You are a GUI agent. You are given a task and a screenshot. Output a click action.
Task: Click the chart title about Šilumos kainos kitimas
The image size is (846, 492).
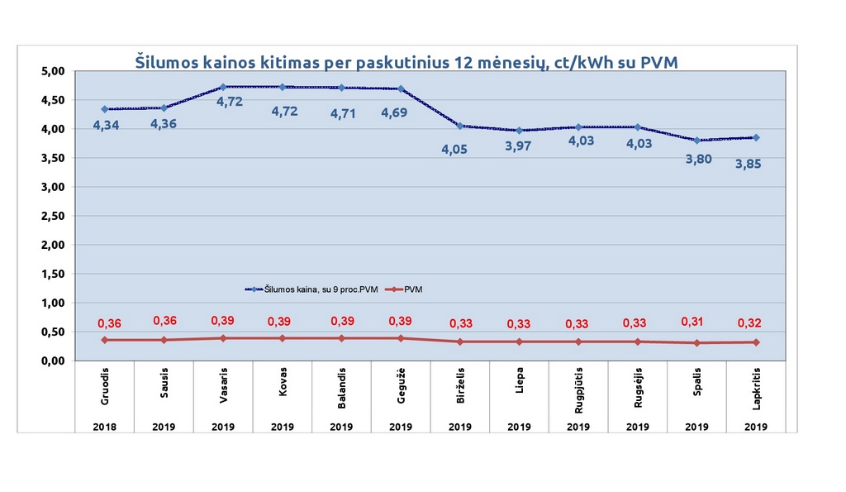(406, 62)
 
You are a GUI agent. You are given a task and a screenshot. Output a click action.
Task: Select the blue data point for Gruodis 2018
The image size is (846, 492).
(104, 109)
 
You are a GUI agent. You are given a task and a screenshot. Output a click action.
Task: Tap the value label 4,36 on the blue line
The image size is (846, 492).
(164, 124)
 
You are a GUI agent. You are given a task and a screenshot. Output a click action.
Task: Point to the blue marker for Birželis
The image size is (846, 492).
(460, 126)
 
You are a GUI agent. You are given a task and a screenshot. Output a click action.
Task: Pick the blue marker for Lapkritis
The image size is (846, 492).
(755, 137)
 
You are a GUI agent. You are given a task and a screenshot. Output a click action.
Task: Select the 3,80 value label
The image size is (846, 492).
(696, 157)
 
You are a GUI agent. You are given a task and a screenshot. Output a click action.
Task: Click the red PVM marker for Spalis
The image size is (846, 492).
(696, 343)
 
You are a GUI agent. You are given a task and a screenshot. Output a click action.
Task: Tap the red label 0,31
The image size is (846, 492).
(696, 322)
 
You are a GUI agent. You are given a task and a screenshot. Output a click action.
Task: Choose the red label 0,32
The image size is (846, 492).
(755, 323)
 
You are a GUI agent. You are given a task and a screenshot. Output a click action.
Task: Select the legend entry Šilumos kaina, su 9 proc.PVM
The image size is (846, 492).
(318, 289)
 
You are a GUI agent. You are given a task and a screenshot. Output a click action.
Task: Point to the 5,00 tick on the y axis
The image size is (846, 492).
(53, 71)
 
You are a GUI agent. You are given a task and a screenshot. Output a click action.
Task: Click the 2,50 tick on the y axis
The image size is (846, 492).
(53, 216)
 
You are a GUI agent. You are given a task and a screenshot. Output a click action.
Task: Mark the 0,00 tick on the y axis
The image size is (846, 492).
(53, 361)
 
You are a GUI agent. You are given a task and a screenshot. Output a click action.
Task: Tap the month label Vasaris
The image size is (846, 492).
(224, 387)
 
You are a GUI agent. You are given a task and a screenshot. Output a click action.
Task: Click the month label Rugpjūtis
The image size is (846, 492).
(578, 387)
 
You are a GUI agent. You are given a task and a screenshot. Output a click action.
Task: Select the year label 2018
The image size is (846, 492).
(105, 428)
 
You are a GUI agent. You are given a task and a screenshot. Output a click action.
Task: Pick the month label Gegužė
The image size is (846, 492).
(401, 387)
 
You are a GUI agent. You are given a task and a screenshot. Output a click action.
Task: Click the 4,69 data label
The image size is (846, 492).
(400, 112)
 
